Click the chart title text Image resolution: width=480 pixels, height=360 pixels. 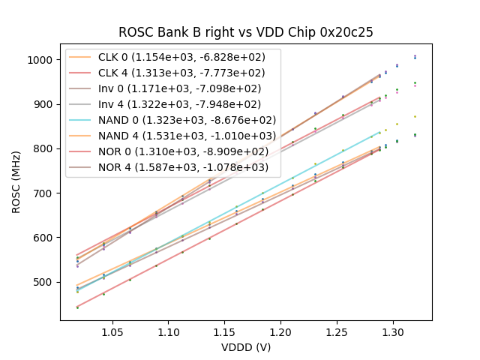246,33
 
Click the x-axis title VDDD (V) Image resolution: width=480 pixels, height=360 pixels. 246,347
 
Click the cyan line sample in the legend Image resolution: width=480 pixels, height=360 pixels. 82,120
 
